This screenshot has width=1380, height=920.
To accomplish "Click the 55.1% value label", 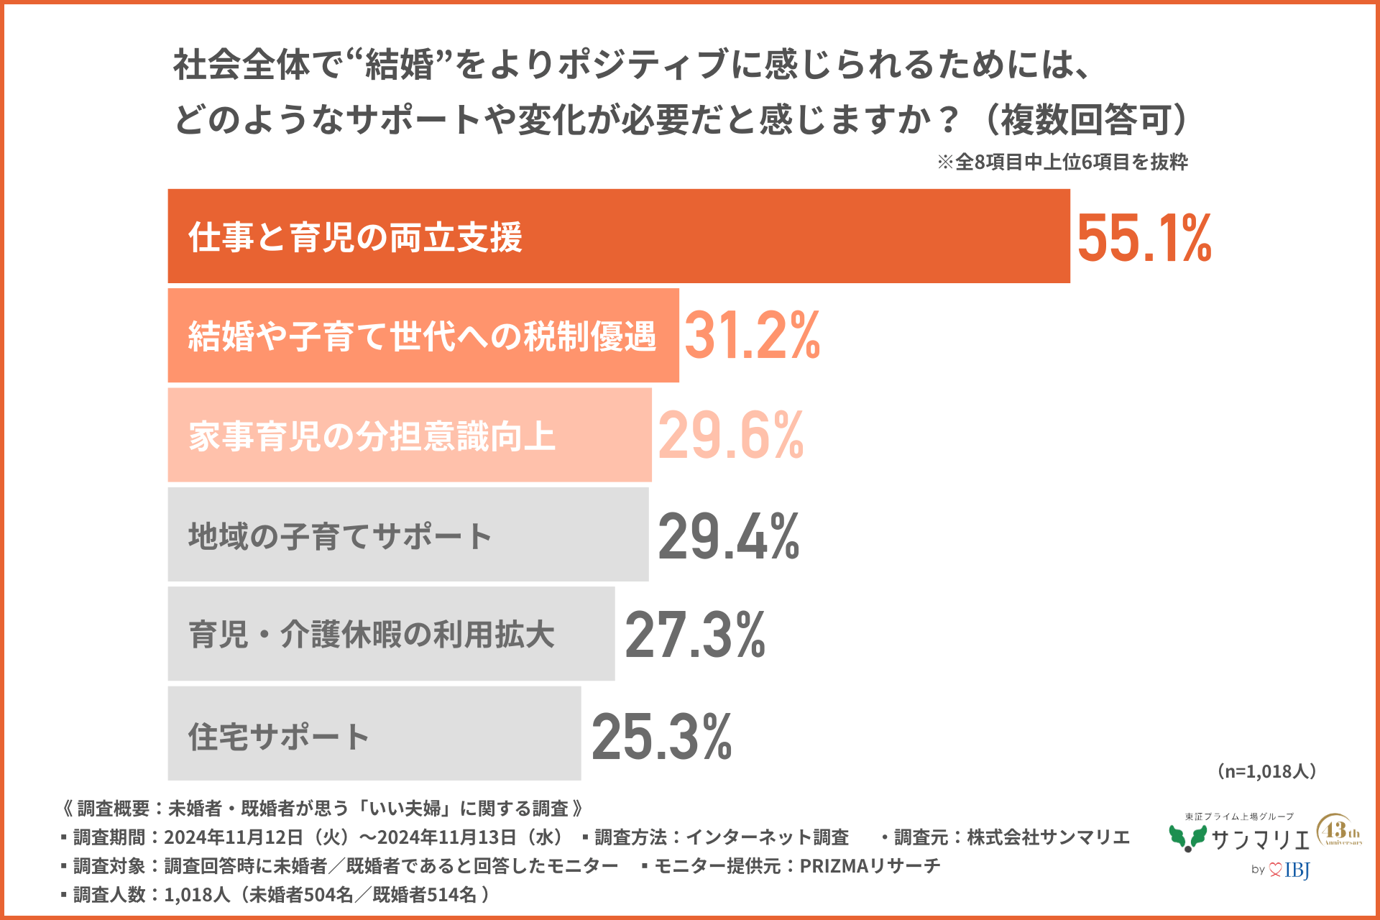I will [x=1144, y=238].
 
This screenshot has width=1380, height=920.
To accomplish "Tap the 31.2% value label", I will [x=752, y=336].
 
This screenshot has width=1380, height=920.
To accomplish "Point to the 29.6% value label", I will [x=731, y=436].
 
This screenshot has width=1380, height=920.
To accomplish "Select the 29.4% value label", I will [x=728, y=536].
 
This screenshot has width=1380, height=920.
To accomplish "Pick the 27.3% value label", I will [x=695, y=635].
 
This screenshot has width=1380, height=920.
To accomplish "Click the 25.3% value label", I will [x=661, y=736].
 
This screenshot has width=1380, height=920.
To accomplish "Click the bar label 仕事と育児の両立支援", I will [x=355, y=238].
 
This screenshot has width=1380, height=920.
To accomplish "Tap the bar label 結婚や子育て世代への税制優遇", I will [x=422, y=336].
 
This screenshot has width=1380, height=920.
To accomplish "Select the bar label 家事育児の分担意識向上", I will [x=372, y=436].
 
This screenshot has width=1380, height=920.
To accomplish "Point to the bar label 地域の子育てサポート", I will [x=340, y=536].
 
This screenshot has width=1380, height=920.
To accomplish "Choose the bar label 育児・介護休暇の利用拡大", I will [x=371, y=635].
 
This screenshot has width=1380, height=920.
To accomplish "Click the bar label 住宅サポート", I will [x=279, y=736].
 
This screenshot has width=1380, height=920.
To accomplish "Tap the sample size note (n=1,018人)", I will [x=1266, y=771].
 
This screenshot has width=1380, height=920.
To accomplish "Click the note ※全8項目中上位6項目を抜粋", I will [x=1062, y=162].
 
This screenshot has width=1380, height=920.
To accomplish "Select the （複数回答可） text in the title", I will [x=1085, y=119].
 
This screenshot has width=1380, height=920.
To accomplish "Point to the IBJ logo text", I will [x=1297, y=870].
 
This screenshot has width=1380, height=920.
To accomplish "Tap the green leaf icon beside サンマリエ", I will [x=1187, y=838].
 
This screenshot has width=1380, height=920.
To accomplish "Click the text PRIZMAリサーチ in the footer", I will [x=870, y=866].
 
